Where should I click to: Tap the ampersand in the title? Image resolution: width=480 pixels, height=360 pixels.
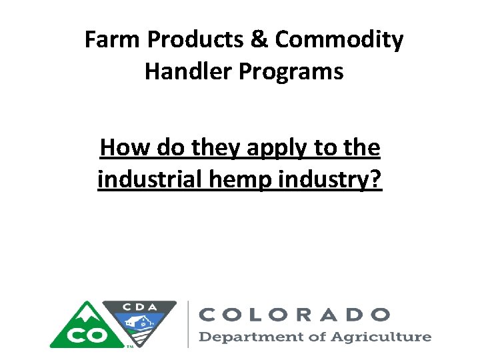click(x=261, y=41)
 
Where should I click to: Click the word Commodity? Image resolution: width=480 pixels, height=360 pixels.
click(x=339, y=41)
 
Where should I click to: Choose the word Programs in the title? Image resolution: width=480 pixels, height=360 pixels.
click(x=295, y=71)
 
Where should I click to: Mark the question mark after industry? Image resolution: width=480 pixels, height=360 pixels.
click(x=376, y=179)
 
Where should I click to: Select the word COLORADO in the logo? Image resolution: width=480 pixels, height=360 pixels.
click(x=295, y=314)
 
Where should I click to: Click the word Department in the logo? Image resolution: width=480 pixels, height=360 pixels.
click(x=244, y=337)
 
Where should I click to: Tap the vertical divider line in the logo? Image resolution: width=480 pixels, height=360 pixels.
click(x=189, y=323)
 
